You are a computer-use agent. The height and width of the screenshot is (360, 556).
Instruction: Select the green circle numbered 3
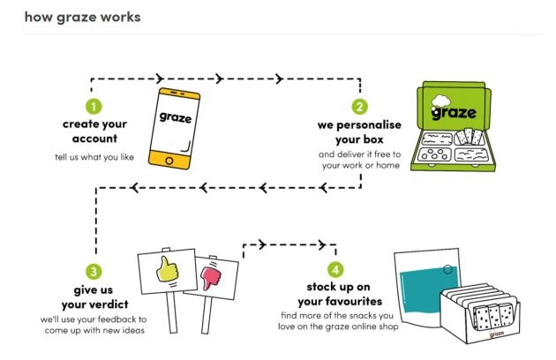coord(93,272)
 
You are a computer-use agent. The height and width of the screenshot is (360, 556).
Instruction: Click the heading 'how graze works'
coord(82,17)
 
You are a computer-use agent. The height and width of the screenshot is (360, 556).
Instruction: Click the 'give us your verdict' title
coord(93,296)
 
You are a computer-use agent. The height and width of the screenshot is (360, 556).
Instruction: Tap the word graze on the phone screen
coord(177,116)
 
